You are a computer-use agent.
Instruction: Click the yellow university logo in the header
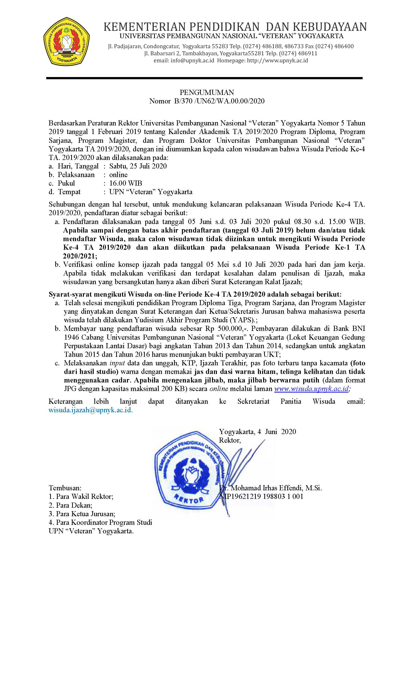66,41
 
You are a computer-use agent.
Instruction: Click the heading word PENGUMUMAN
207,92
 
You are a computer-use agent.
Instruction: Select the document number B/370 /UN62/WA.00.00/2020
219,101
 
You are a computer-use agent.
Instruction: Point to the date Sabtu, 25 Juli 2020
138,166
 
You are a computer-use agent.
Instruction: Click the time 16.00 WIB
125,183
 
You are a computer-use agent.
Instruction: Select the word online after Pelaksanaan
118,175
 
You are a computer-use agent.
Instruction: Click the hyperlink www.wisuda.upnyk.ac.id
311,389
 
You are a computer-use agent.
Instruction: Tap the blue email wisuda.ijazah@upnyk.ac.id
90,410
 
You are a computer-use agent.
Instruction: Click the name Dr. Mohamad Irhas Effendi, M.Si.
270,488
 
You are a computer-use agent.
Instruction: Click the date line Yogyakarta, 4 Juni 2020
257,432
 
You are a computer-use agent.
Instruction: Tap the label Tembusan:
65,488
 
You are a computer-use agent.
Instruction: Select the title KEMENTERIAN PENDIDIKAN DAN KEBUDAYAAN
235,27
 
